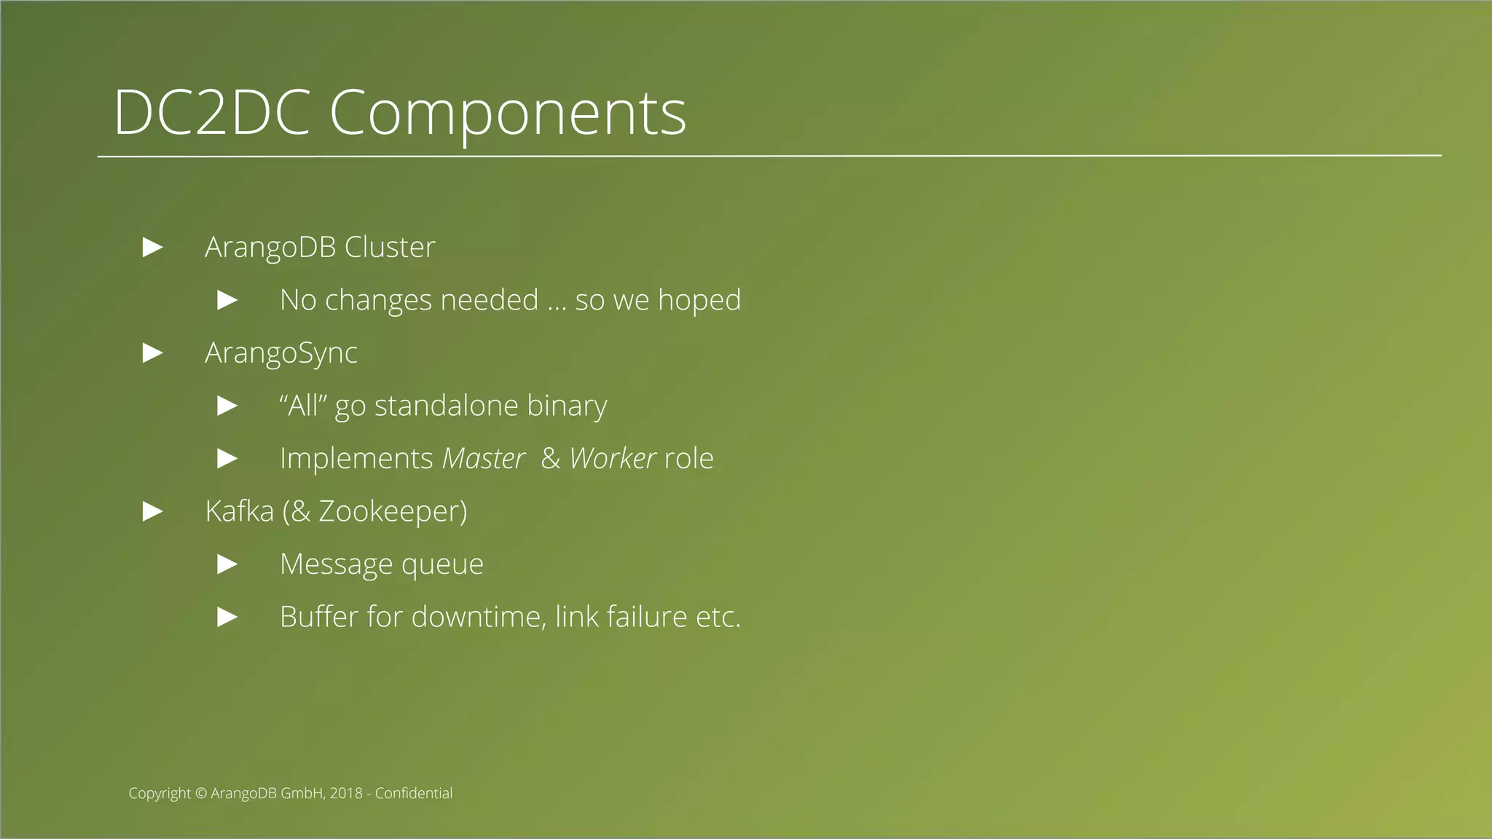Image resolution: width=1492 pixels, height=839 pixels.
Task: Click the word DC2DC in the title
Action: pyautogui.click(x=211, y=112)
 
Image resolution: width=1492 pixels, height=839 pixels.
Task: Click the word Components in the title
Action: pyautogui.click(x=508, y=114)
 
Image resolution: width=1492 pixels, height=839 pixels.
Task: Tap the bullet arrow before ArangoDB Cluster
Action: pyautogui.click(x=152, y=248)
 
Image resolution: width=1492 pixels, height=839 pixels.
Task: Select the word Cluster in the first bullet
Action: pyautogui.click(x=389, y=248)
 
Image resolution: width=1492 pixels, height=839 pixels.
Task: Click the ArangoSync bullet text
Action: pyautogui.click(x=280, y=353)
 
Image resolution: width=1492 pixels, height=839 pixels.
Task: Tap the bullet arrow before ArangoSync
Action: pyautogui.click(x=152, y=353)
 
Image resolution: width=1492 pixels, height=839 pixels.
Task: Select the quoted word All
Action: pyautogui.click(x=303, y=406)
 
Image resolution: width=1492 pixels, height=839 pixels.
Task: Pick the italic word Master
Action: pyautogui.click(x=483, y=459)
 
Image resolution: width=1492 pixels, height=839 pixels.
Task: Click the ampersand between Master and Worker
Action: pyautogui.click(x=550, y=459)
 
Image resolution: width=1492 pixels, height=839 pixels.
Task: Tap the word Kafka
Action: pyautogui.click(x=239, y=511)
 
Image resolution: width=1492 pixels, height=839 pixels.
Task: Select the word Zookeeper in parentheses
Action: pyautogui.click(x=388, y=512)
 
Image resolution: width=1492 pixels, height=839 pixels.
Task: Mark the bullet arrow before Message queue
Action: pyautogui.click(x=227, y=564)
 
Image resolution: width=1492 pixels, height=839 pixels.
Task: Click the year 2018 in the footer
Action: pyautogui.click(x=345, y=793)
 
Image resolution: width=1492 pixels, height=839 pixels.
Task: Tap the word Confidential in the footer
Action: pyautogui.click(x=413, y=793)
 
